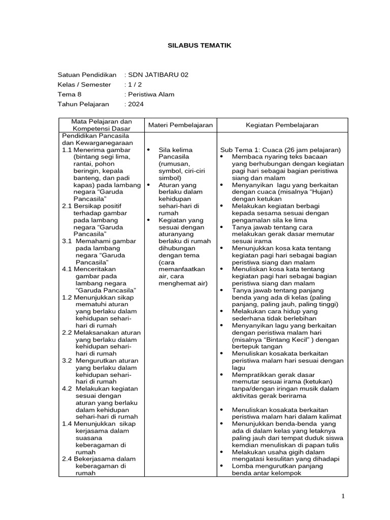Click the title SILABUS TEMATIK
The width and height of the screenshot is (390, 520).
tap(199, 45)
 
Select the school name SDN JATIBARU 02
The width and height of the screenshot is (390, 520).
tap(158, 75)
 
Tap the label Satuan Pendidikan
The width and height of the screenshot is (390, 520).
tap(87, 75)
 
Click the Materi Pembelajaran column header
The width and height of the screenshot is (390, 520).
tap(180, 125)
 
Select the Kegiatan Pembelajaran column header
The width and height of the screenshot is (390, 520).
tap(282, 125)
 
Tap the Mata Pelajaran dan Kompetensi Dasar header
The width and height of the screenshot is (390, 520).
tap(101, 125)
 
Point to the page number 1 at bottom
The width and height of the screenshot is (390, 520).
tap(344, 496)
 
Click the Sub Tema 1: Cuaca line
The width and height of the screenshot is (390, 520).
tap(280, 150)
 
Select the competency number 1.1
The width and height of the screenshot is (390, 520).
tap(67, 150)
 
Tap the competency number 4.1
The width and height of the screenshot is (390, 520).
tap(67, 269)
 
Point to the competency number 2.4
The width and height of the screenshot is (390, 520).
tap(67, 459)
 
